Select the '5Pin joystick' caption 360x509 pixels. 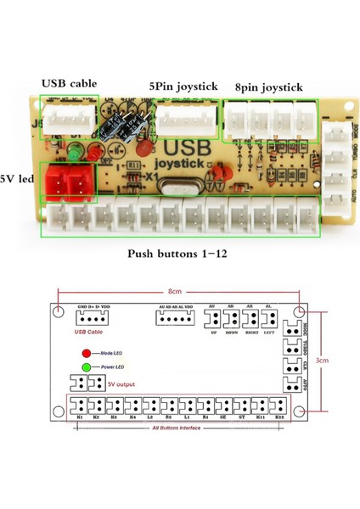click(x=183, y=87)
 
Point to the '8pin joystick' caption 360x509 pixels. click(x=270, y=87)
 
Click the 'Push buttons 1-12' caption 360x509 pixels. click(x=179, y=254)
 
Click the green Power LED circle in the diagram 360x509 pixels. click(x=87, y=367)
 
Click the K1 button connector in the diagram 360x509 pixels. click(x=79, y=405)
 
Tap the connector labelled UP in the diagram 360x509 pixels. click(x=211, y=319)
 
